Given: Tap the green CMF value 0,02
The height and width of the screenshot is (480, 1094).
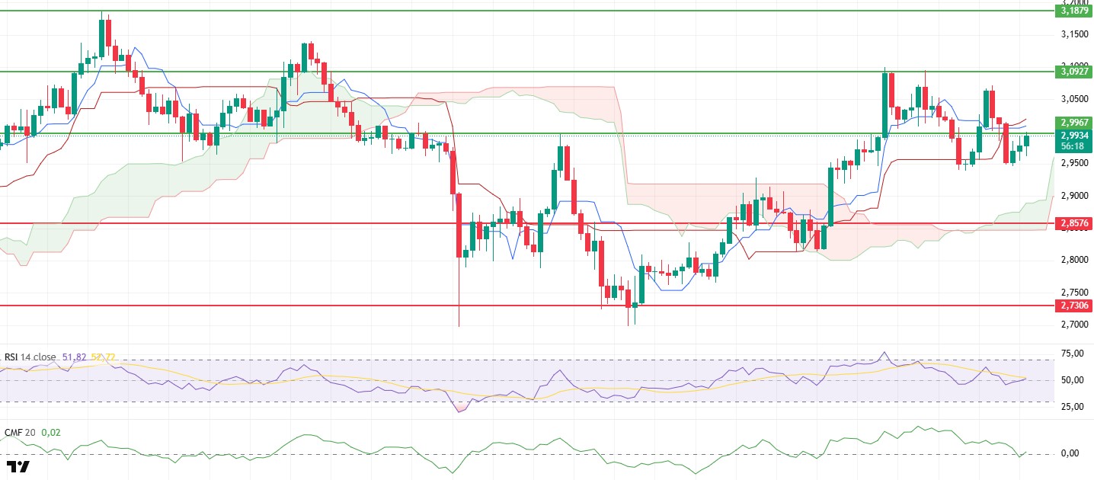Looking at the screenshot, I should click(x=51, y=433).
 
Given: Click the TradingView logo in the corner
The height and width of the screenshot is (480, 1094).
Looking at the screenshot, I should click(x=18, y=466).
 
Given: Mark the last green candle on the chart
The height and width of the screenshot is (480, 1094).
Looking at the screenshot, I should click(x=1027, y=140).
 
